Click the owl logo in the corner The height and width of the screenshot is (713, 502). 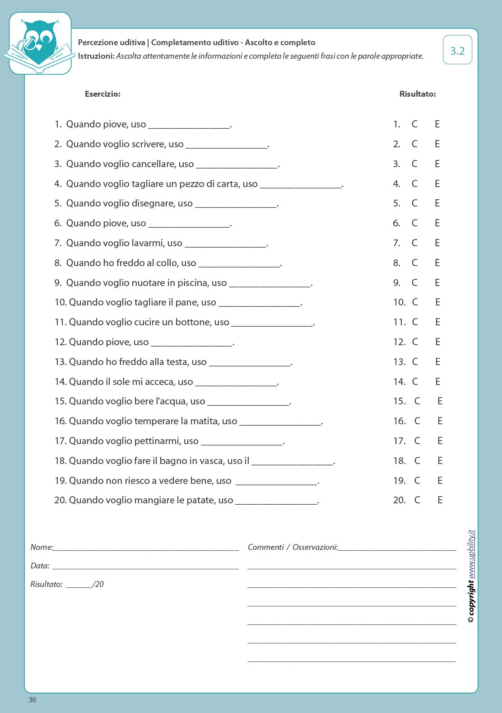[40, 43]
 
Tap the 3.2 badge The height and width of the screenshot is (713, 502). [457, 51]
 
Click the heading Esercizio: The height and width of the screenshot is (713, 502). [102, 94]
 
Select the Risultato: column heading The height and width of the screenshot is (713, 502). [418, 94]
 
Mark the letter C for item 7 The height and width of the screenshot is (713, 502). [414, 243]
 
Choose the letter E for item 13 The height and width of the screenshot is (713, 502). [437, 362]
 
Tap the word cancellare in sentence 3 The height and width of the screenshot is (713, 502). [153, 164]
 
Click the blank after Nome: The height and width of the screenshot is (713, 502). [146, 548]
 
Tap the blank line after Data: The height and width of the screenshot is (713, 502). [145, 566]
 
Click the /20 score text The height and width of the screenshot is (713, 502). [98, 584]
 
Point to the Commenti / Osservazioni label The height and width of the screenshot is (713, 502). [293, 547]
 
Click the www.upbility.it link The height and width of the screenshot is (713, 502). [471, 554]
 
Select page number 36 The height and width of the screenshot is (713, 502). [33, 700]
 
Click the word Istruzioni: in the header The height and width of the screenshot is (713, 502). [96, 56]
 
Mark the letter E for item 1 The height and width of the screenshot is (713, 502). [437, 124]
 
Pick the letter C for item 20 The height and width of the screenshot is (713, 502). [417, 500]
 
